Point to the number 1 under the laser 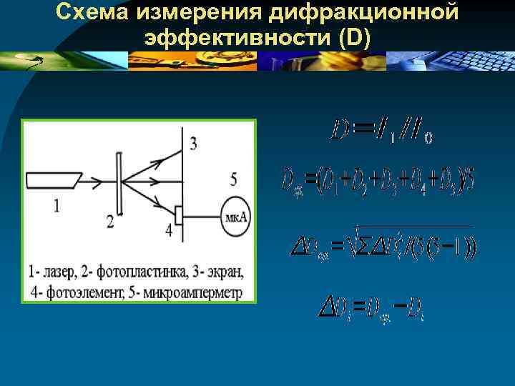(57, 205)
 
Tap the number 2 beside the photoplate (109, 222)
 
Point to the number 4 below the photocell (168, 229)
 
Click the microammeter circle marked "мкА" (235, 215)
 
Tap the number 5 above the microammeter (233, 179)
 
